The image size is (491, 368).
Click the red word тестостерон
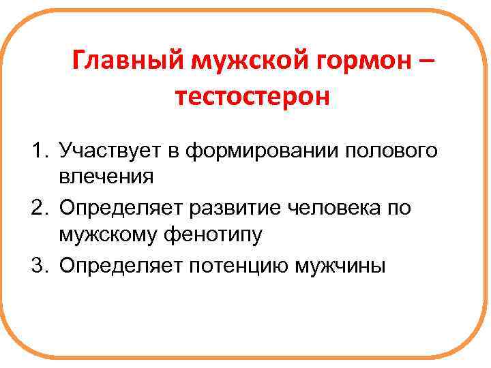click(252, 97)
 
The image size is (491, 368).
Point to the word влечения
click(106, 178)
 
